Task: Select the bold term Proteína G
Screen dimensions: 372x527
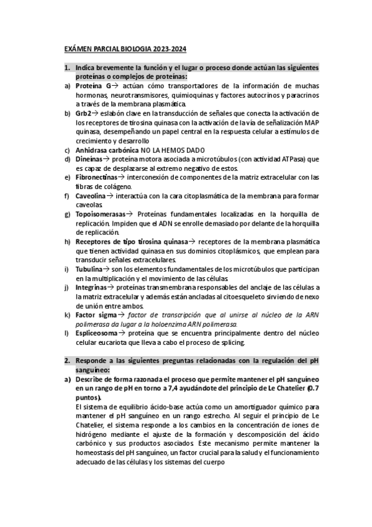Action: point(93,85)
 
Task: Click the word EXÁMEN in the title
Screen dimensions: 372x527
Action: point(78,48)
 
